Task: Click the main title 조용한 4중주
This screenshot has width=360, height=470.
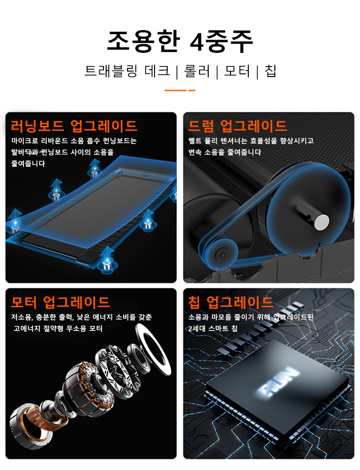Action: (x=180, y=41)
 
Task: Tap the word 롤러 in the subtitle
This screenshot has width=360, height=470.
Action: (x=197, y=71)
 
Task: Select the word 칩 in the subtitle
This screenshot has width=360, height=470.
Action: (x=270, y=71)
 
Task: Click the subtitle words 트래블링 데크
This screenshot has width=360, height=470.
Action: (x=127, y=71)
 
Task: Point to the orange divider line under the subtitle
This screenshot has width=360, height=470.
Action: (x=180, y=90)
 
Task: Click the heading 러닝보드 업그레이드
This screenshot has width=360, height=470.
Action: (x=74, y=126)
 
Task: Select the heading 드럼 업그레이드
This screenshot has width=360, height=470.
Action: (x=237, y=126)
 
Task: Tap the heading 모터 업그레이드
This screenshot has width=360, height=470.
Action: (x=61, y=302)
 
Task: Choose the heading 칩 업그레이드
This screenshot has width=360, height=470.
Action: (x=231, y=302)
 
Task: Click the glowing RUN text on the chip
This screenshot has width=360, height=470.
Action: (x=278, y=381)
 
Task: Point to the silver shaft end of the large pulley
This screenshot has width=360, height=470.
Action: (x=321, y=222)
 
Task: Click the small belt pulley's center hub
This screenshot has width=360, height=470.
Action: (x=222, y=255)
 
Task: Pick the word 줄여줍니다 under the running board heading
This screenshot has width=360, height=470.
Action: (x=28, y=164)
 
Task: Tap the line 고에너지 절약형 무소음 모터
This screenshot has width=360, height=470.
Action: (x=58, y=329)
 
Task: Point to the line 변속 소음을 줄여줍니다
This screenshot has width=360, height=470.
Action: (x=225, y=152)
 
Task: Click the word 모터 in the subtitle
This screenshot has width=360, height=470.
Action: (x=237, y=71)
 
